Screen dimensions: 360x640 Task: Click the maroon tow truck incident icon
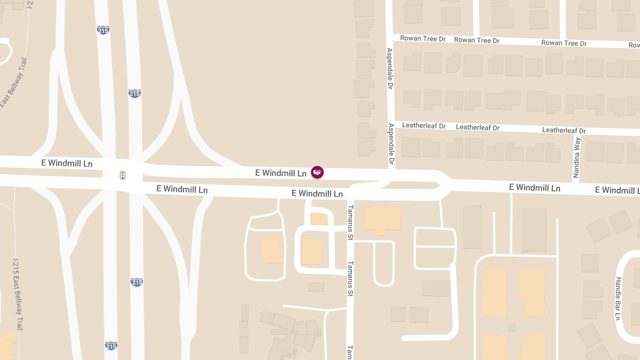click(x=317, y=172)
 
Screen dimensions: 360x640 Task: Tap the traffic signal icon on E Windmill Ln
click(x=123, y=175)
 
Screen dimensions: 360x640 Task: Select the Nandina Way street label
click(x=576, y=158)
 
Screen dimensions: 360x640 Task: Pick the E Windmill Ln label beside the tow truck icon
click(x=281, y=173)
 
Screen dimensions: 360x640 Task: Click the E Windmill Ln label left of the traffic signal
click(x=67, y=163)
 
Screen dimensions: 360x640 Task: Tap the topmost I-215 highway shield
click(x=103, y=30)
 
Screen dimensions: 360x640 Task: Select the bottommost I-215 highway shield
click(x=111, y=346)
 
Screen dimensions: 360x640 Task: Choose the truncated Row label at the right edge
click(x=634, y=45)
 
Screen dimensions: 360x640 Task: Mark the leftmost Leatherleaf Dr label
click(x=423, y=126)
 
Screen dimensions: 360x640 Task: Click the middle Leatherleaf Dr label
click(x=477, y=127)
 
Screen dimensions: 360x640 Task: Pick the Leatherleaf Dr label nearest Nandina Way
click(x=564, y=130)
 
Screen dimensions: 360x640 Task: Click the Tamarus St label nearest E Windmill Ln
click(x=350, y=222)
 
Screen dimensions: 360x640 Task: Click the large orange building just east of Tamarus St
click(x=382, y=220)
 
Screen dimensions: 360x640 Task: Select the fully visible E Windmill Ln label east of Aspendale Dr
click(x=534, y=188)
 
